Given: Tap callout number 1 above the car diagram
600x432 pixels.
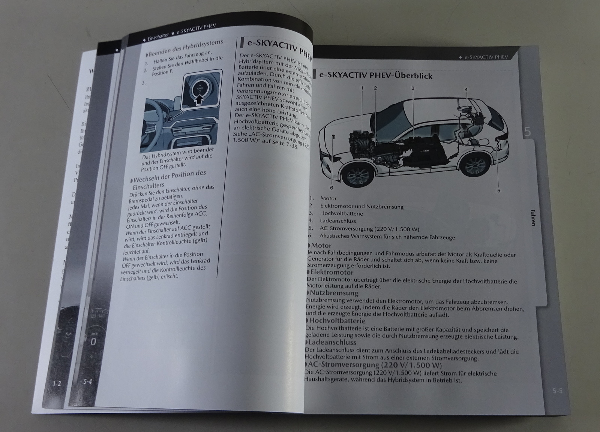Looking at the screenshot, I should pos(362,88).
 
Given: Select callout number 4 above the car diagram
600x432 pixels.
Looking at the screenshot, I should pos(466,90).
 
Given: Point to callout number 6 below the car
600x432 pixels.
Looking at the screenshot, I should pos(331,187).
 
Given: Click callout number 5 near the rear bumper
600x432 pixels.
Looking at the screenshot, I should pos(499,190).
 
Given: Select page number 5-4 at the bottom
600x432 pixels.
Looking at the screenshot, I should pos(87,382).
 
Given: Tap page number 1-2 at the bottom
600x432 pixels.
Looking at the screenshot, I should pos(57,384).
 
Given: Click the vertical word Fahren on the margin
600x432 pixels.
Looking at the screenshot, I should pos(532,217).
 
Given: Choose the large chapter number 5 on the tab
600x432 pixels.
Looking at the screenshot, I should pos(527,132).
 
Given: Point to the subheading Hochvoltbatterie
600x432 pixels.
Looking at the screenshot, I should pos(336,321).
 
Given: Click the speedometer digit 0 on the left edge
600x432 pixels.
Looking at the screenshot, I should pos(93,342).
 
